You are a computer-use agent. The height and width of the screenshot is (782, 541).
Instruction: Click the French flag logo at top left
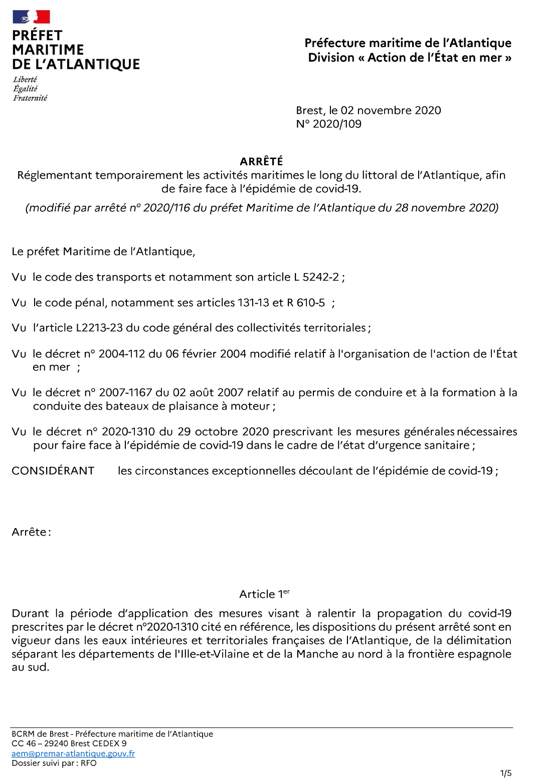pyautogui.click(x=31, y=17)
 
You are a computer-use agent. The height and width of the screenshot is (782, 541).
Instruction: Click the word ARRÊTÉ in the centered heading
pyautogui.click(x=261, y=161)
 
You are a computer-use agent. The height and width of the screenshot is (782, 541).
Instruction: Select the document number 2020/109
pyautogui.click(x=337, y=124)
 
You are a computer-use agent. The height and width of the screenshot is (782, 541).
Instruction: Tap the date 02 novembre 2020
pyautogui.click(x=391, y=110)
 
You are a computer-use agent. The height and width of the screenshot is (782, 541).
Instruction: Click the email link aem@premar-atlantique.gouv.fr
pyautogui.click(x=73, y=753)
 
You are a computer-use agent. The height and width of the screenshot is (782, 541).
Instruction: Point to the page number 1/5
pyautogui.click(x=505, y=773)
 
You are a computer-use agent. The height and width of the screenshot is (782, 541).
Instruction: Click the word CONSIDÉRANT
pyautogui.click(x=53, y=471)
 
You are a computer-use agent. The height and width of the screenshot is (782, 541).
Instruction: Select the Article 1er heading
pyautogui.click(x=264, y=594)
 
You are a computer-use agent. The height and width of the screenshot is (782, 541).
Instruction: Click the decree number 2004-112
pyautogui.click(x=122, y=354)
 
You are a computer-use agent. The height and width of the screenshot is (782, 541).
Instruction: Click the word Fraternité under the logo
pyautogui.click(x=30, y=98)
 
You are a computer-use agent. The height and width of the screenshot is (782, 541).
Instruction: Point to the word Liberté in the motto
pyautogui.click(x=25, y=79)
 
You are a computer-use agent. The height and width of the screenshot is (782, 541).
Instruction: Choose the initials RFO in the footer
pyautogui.click(x=89, y=763)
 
